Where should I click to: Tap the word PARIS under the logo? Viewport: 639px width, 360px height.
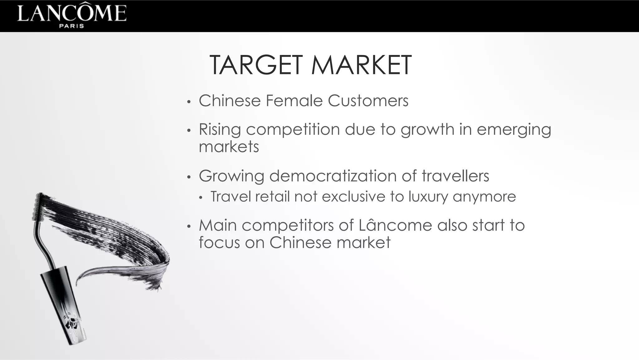coord(72,26)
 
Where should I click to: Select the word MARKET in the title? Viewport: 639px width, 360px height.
coord(361,65)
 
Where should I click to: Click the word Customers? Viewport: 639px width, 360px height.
coord(368,101)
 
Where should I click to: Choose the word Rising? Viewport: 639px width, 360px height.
coord(220,130)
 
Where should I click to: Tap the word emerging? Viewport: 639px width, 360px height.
coord(514,130)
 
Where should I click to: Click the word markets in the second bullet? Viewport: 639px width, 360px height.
coord(229,147)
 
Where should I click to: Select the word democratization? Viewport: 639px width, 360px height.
coord(333,176)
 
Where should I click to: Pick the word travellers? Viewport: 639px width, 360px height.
coord(455,176)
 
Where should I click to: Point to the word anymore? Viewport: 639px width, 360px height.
coord(484,197)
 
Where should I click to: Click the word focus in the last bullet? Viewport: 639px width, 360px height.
coord(219,242)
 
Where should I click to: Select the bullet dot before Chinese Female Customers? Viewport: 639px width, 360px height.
coord(188,102)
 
